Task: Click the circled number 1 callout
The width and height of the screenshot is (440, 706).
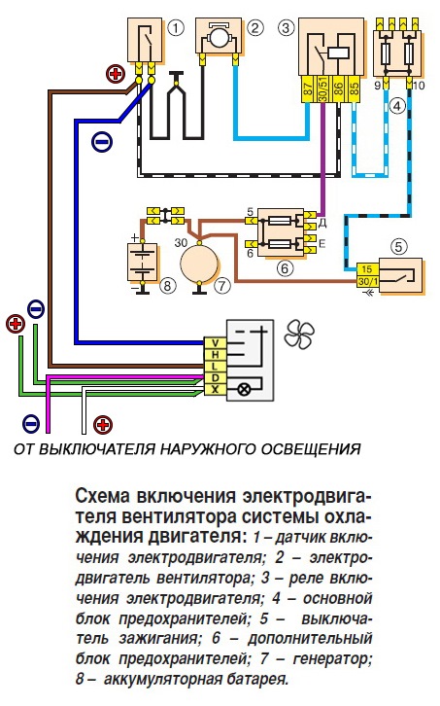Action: tap(175, 27)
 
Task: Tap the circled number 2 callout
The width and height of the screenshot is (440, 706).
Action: tap(254, 27)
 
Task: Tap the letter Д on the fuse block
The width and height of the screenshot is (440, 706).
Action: tap(320, 225)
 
